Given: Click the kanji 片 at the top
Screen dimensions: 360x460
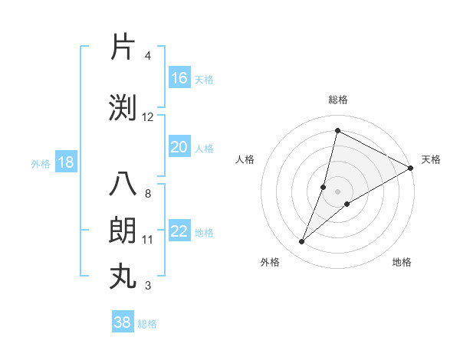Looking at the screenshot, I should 123,47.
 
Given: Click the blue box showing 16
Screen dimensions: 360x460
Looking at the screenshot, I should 179,78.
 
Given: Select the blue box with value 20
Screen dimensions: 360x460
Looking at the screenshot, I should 179,147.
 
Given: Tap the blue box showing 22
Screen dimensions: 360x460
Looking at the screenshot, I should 179,231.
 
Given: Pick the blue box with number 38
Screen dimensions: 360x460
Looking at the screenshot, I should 123,322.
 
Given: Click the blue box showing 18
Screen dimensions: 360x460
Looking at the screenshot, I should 65,162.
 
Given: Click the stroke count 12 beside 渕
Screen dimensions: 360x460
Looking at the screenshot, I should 148,117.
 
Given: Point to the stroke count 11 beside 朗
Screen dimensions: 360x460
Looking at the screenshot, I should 148,240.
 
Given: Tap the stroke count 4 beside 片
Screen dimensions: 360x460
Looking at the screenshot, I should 148,56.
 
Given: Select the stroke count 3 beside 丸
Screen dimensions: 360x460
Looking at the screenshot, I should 148,286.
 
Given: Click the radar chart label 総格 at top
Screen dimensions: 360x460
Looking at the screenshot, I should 337,100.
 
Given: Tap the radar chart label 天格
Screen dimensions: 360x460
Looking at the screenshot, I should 431,159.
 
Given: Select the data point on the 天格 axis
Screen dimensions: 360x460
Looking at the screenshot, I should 410,168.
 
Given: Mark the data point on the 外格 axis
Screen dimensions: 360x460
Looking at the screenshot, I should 302,242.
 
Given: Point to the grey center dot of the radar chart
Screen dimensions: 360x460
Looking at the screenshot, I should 337,191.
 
